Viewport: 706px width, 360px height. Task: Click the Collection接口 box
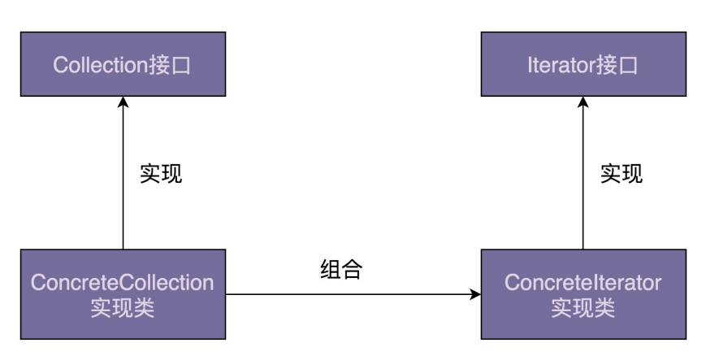(123, 65)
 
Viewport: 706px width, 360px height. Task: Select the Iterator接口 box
(583, 65)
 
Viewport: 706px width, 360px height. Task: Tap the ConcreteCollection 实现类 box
(123, 293)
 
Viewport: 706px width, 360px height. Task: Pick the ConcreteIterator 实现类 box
(583, 293)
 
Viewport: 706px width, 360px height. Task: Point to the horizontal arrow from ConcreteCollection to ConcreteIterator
(349, 294)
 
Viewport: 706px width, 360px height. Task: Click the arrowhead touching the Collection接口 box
(123, 103)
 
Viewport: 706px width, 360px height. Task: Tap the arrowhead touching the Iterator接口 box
(583, 103)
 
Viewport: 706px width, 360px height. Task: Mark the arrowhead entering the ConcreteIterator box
(474, 294)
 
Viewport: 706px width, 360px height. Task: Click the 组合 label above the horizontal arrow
(340, 270)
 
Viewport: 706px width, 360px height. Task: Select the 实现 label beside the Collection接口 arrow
(161, 173)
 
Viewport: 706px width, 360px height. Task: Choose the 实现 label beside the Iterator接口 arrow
(621, 173)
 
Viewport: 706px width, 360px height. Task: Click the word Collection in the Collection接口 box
(99, 65)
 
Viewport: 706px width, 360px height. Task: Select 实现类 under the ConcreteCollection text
(123, 307)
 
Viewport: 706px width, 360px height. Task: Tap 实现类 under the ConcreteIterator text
(583, 307)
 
